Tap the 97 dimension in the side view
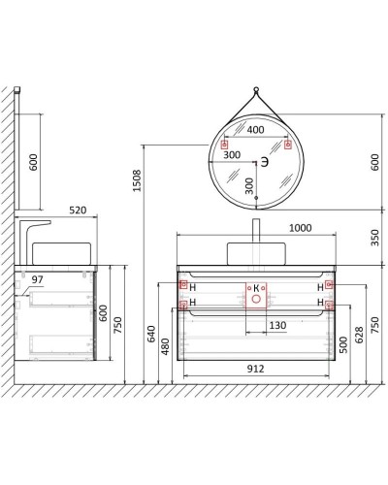tap(38, 279)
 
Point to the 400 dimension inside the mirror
tap(255, 128)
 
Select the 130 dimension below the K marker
tap(276, 325)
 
